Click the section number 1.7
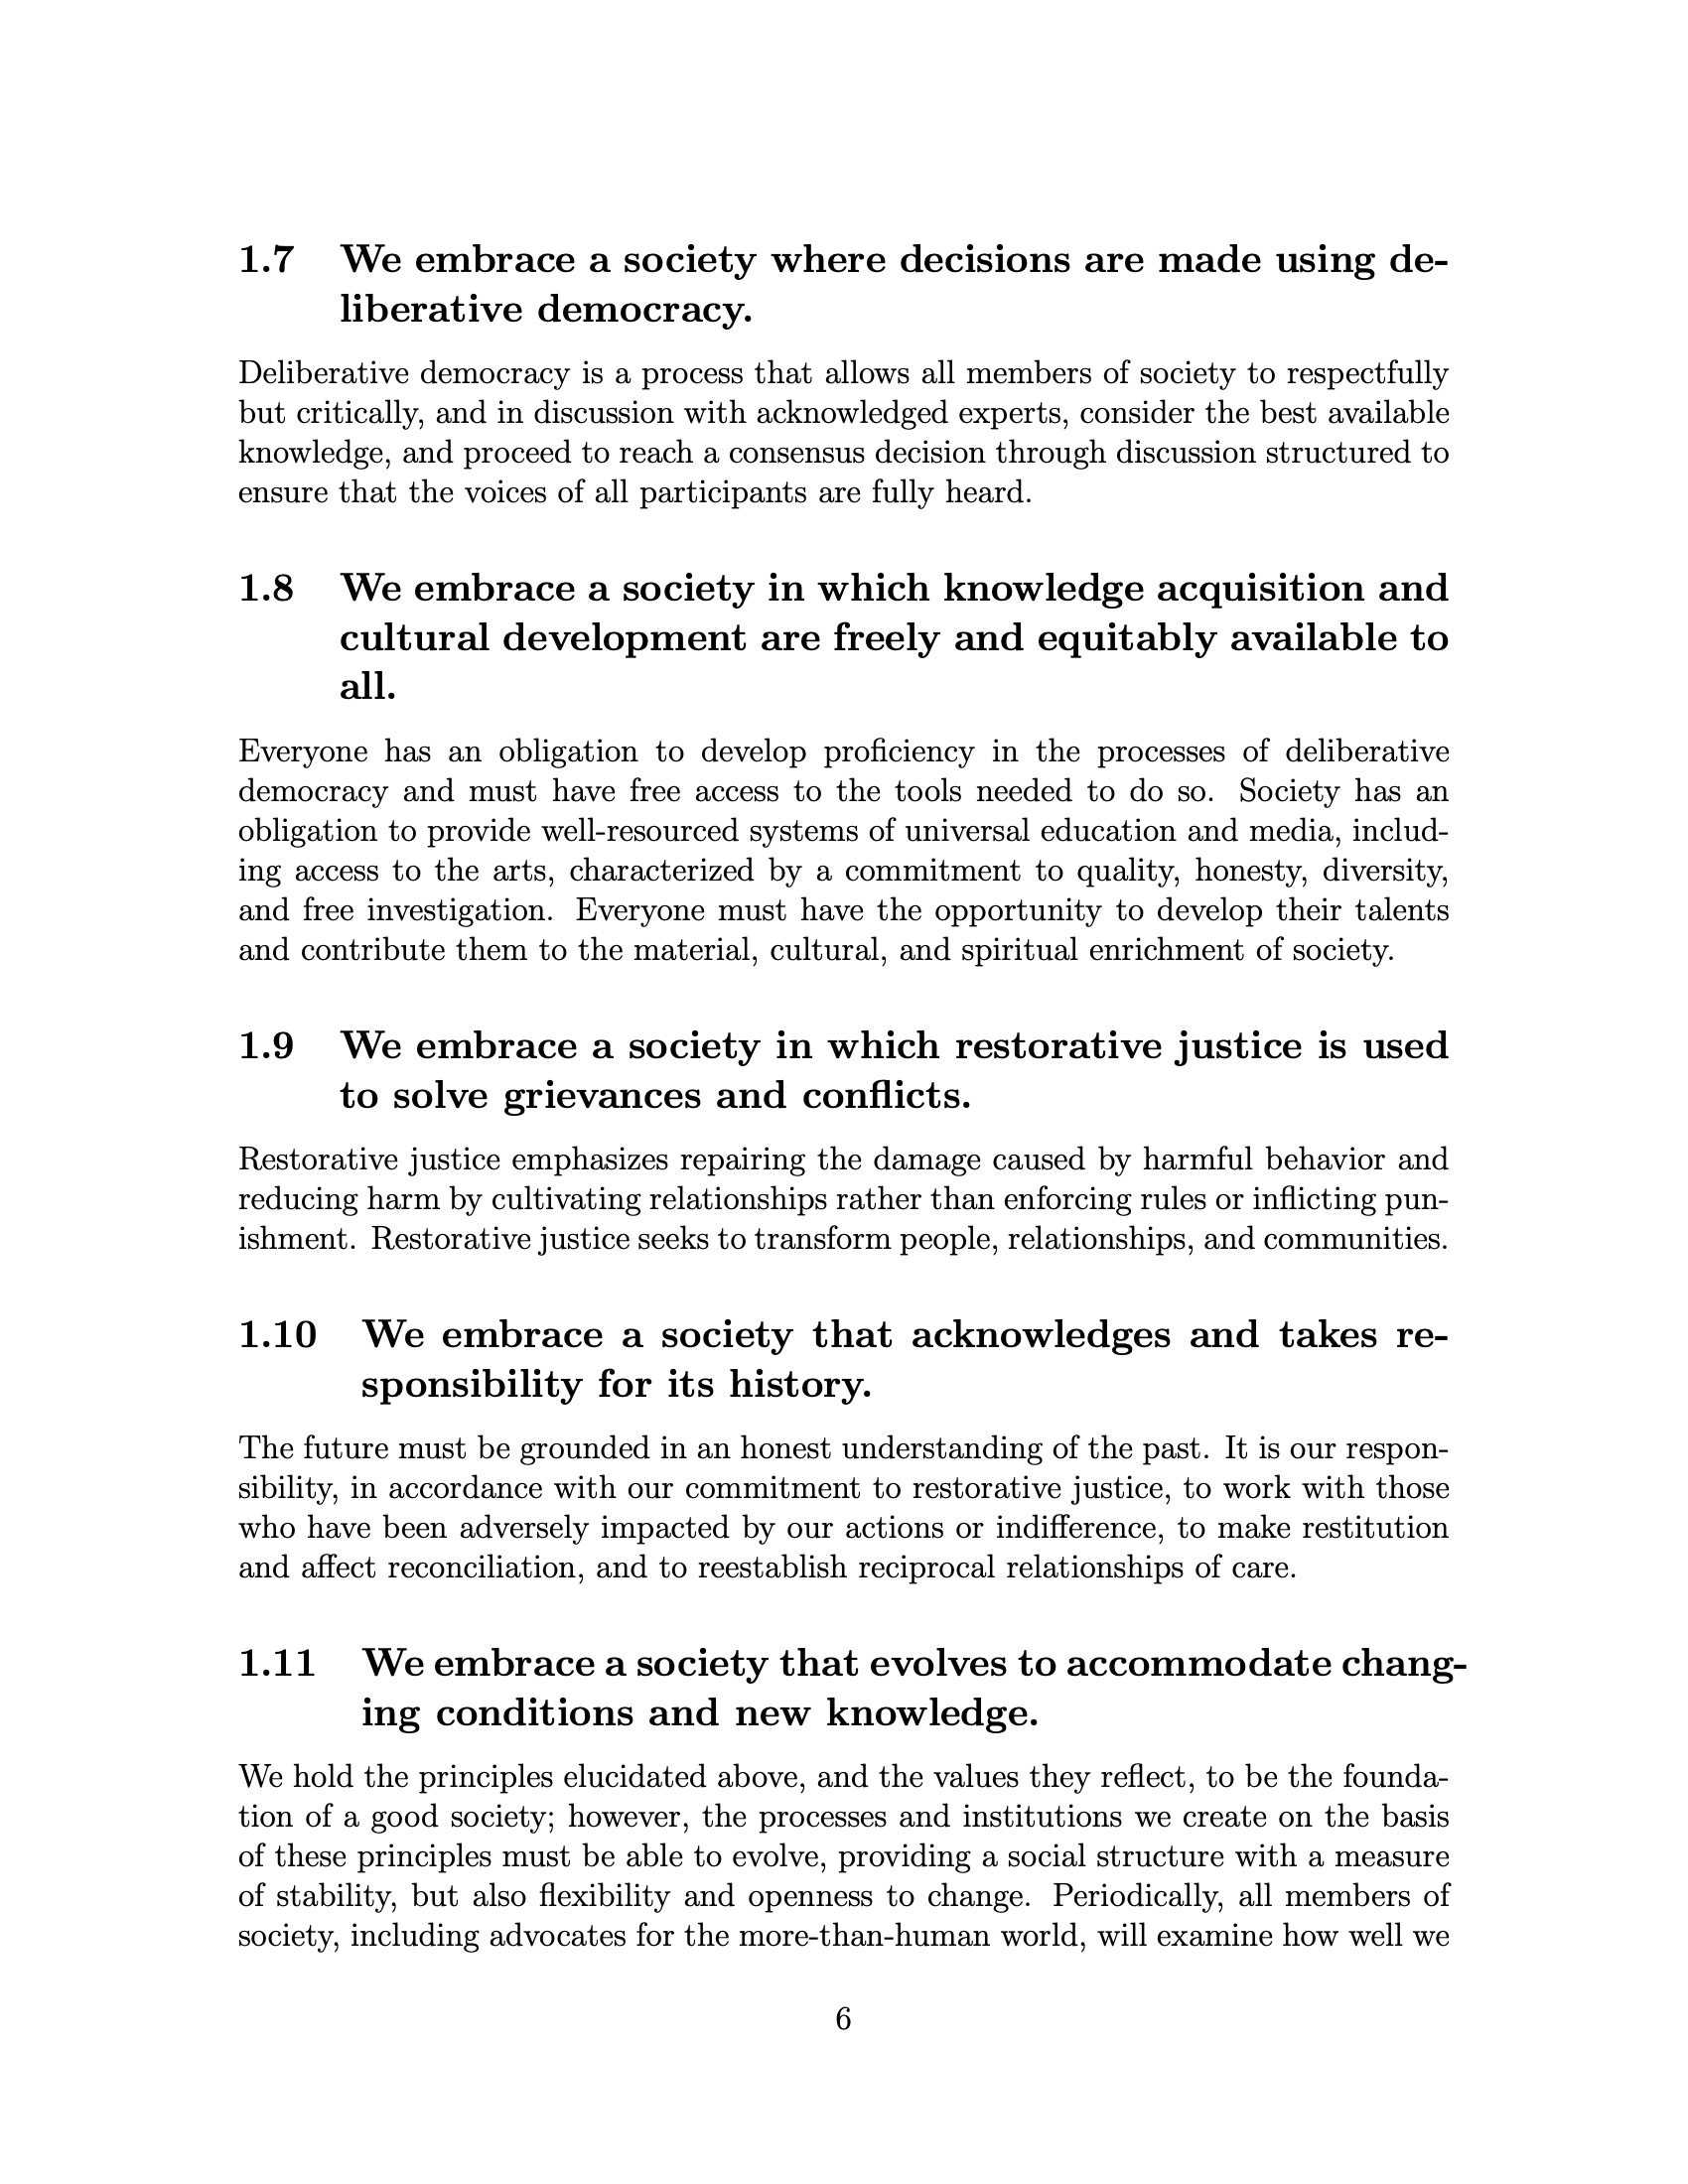tap(266, 260)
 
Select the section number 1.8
tap(266, 588)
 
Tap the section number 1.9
tap(266, 1046)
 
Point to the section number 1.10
tap(277, 1335)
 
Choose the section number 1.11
tap(277, 1664)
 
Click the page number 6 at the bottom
tap(843, 2019)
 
